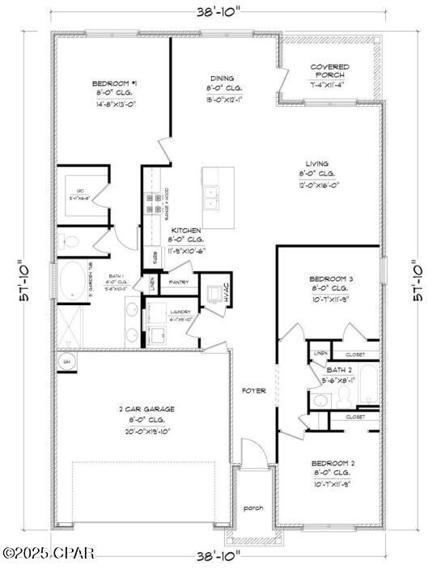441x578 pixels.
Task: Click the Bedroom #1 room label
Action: [x=110, y=83]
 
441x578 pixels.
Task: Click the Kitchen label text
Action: [x=185, y=231]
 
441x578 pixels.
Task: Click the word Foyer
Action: [x=254, y=391]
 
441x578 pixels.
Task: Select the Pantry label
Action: [x=179, y=282]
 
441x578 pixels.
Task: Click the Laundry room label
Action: [x=179, y=312]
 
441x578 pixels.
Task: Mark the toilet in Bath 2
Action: [x=344, y=396]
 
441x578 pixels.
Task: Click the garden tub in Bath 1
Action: [x=73, y=282]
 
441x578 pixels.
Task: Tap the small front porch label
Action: [x=254, y=508]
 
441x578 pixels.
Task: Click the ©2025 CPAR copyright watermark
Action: [x=49, y=554]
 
